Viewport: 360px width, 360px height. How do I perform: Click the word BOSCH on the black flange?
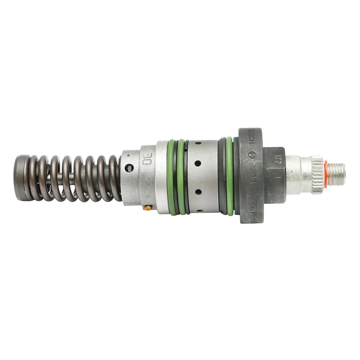(251, 138)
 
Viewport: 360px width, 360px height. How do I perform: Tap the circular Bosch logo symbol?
(251, 155)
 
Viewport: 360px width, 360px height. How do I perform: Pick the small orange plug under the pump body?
(147, 207)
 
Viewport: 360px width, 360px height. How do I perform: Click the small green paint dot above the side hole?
(128, 156)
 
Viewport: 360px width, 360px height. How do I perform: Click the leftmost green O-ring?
(171, 177)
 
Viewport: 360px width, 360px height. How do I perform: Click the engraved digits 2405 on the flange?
(251, 190)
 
